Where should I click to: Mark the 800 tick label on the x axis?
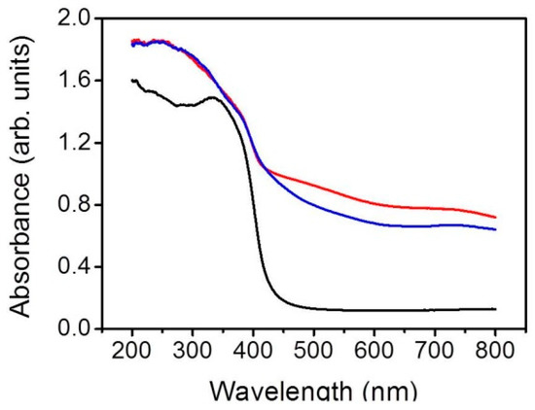click(495, 352)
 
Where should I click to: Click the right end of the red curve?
click(495, 217)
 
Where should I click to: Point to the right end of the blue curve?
click(495, 229)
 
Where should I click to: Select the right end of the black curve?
click(495, 309)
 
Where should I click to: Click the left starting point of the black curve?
click(132, 81)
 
